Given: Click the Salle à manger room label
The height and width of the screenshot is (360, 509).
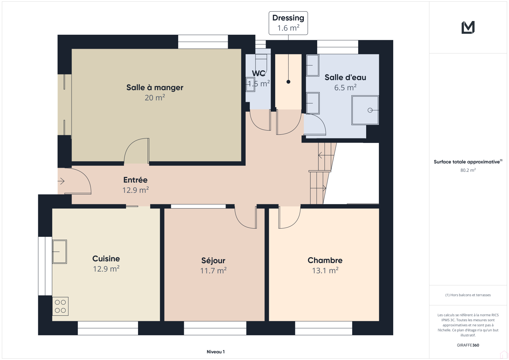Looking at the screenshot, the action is click(155, 88).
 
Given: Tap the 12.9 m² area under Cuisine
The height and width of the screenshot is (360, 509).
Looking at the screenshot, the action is click(106, 269).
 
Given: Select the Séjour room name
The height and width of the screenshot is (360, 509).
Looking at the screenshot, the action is click(213, 261).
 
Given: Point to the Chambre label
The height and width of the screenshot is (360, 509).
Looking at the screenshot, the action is click(325, 260).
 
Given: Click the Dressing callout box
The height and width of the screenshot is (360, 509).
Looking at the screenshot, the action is click(288, 23).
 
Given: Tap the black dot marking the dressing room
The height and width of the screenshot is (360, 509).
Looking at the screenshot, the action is click(288, 82).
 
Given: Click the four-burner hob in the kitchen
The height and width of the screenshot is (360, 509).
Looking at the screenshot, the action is click(60, 306).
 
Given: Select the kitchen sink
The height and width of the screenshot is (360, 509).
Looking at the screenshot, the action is click(59, 252).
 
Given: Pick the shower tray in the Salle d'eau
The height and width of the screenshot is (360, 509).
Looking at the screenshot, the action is click(365, 110).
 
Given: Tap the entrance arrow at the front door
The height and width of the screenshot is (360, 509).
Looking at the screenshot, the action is click(61, 181).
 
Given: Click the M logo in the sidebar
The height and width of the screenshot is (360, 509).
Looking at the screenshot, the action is click(468, 27).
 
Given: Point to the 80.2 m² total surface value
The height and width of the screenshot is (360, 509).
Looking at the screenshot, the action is click(468, 170).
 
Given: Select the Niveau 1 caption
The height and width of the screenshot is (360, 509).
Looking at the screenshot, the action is click(216, 352).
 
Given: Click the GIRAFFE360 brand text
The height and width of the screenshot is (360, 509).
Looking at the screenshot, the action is click(468, 345).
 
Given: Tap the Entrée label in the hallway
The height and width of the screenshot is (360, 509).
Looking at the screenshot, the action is click(136, 180).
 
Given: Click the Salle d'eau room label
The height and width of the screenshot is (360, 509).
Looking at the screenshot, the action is click(345, 78).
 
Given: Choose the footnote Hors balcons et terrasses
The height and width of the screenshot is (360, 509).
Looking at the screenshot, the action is click(468, 295).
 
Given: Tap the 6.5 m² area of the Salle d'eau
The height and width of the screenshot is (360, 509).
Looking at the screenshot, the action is click(345, 88).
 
